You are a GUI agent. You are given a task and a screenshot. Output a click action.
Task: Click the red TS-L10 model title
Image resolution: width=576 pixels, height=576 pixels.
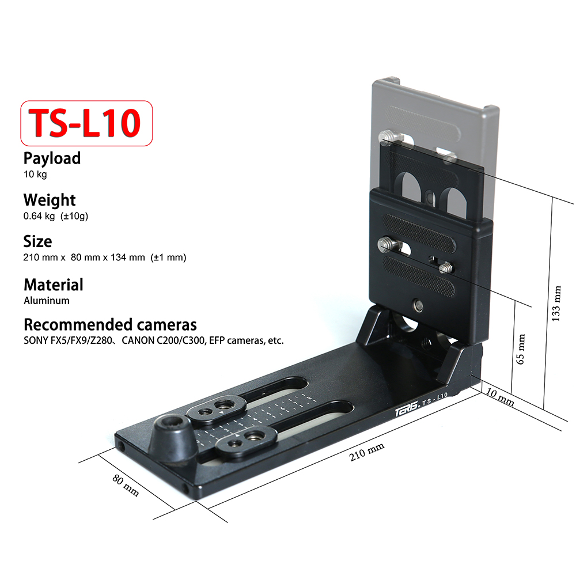click(x=85, y=123)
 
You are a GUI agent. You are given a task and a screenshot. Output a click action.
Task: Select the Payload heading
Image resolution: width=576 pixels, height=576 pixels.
click(x=52, y=158)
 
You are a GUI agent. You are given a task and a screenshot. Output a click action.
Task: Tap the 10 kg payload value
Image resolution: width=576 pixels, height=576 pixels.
click(x=35, y=174)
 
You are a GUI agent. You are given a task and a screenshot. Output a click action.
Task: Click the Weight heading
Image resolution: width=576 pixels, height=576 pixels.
click(x=50, y=200)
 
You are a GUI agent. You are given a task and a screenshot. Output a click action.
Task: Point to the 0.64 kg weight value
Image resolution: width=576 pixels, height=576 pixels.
click(x=39, y=216)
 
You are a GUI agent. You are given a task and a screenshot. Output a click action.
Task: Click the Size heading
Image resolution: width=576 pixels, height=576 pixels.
click(x=37, y=242)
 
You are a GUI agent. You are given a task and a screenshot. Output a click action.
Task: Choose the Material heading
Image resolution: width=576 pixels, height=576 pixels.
click(x=54, y=285)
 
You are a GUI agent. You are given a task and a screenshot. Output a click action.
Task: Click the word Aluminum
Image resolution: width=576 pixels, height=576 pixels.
click(x=47, y=301)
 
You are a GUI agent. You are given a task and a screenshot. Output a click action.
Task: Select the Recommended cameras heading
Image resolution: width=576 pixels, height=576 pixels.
click(x=110, y=325)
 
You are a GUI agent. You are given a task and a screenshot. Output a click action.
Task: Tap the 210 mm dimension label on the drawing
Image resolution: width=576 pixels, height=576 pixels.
click(x=366, y=452)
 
